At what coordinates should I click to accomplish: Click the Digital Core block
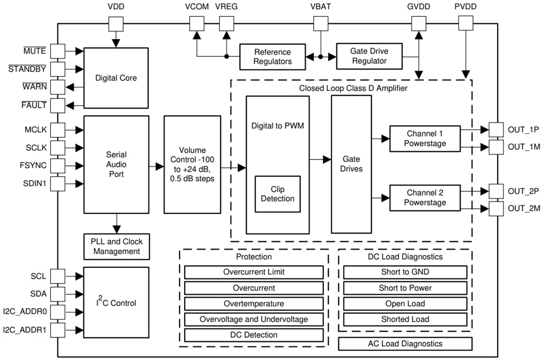pos(116,78)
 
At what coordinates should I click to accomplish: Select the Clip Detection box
pos(277,194)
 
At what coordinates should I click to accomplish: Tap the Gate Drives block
pos(351,164)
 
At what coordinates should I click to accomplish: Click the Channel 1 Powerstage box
pos(425,138)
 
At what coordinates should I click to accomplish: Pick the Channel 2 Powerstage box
pos(425,198)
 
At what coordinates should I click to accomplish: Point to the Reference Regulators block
pos(272,57)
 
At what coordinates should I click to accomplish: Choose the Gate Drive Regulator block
pos(369,56)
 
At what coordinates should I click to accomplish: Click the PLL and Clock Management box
pos(116,246)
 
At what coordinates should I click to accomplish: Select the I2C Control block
pos(116,303)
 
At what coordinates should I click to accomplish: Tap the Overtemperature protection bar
pos(254,304)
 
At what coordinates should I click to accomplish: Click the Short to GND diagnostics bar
pos(405,272)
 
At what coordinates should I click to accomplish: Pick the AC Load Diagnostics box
pos(405,344)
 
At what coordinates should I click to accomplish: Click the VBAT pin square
pos(321,23)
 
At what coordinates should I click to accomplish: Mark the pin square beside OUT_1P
pos(496,130)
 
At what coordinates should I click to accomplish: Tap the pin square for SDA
pos(58,294)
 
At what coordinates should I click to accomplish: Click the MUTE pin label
pos(35,51)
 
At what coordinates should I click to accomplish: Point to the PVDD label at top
pos(465,7)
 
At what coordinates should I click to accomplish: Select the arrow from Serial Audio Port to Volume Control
pos(156,168)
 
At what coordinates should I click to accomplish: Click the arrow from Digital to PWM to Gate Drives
pos(320,160)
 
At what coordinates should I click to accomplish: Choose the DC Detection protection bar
pos(254,335)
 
